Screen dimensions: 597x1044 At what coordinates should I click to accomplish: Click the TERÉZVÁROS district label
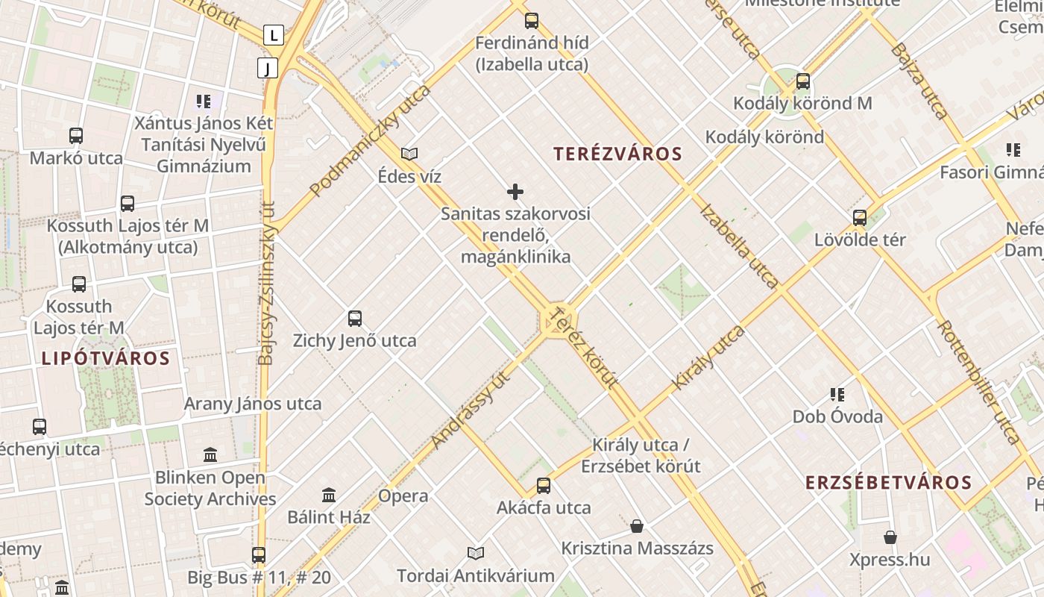coord(617,154)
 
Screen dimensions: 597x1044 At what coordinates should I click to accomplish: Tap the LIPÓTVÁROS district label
coord(106,358)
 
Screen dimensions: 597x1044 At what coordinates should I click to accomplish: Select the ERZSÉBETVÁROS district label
coord(888,482)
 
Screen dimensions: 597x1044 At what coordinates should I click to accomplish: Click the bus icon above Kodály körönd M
coord(803,81)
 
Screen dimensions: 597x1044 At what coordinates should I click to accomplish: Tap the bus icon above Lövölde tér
coord(860,218)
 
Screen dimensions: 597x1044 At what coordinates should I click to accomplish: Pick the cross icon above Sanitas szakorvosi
coord(515,192)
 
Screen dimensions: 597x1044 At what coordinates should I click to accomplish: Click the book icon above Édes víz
coord(409,154)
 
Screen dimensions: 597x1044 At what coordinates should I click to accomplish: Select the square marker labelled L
coord(274,34)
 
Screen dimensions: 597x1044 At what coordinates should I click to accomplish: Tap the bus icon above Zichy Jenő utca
coord(355,319)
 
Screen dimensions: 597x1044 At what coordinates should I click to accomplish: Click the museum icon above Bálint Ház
coord(329,495)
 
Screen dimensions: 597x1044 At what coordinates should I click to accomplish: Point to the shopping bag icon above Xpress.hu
coord(890,537)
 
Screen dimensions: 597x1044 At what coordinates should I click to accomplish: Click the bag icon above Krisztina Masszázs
coord(637,526)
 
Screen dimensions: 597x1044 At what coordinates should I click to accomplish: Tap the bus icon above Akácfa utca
coord(544,486)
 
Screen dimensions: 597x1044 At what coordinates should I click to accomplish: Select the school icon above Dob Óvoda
coord(837,394)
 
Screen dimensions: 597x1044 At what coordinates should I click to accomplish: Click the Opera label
coord(403,496)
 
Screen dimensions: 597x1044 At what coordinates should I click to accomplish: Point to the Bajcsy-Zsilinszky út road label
coord(266,284)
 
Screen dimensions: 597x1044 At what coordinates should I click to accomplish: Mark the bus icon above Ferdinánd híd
coord(532,21)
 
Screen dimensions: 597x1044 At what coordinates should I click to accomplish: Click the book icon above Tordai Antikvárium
coord(476,553)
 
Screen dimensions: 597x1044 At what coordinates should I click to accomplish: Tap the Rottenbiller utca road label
coord(977,382)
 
